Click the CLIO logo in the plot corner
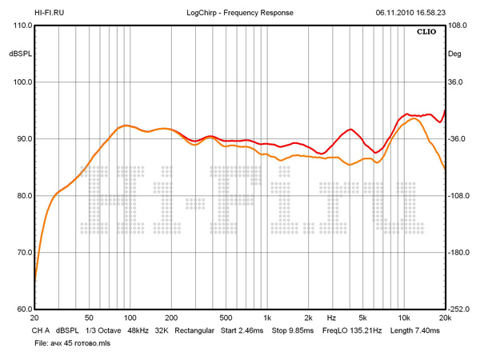[427, 33]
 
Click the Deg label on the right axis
[455, 54]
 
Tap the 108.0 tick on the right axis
[457, 26]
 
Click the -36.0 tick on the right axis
[457, 139]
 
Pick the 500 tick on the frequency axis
[226, 318]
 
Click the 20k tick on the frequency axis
[445, 318]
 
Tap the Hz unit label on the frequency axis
[330, 318]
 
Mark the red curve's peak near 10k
[406, 114]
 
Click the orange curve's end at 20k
[445, 169]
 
